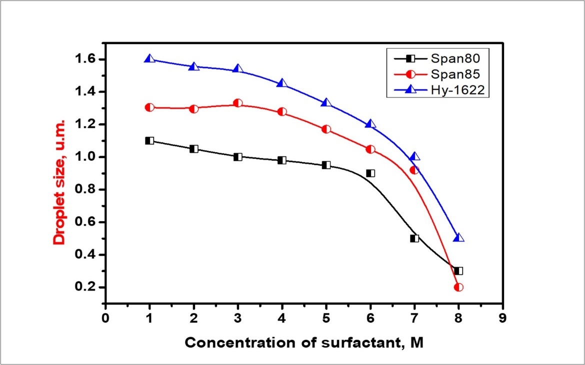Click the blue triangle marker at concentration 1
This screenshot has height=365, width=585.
[x=149, y=59]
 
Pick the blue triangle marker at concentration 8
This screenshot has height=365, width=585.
[x=458, y=237]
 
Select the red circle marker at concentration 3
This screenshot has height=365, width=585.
[x=238, y=103]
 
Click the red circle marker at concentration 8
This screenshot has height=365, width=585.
[x=458, y=287]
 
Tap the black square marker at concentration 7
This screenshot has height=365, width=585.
[x=414, y=238]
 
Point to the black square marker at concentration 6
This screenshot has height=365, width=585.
[x=370, y=173]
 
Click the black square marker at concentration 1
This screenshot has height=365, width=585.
[x=149, y=141]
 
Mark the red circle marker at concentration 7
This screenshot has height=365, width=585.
[x=414, y=170]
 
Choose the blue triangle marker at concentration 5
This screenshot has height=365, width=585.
[x=326, y=103]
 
